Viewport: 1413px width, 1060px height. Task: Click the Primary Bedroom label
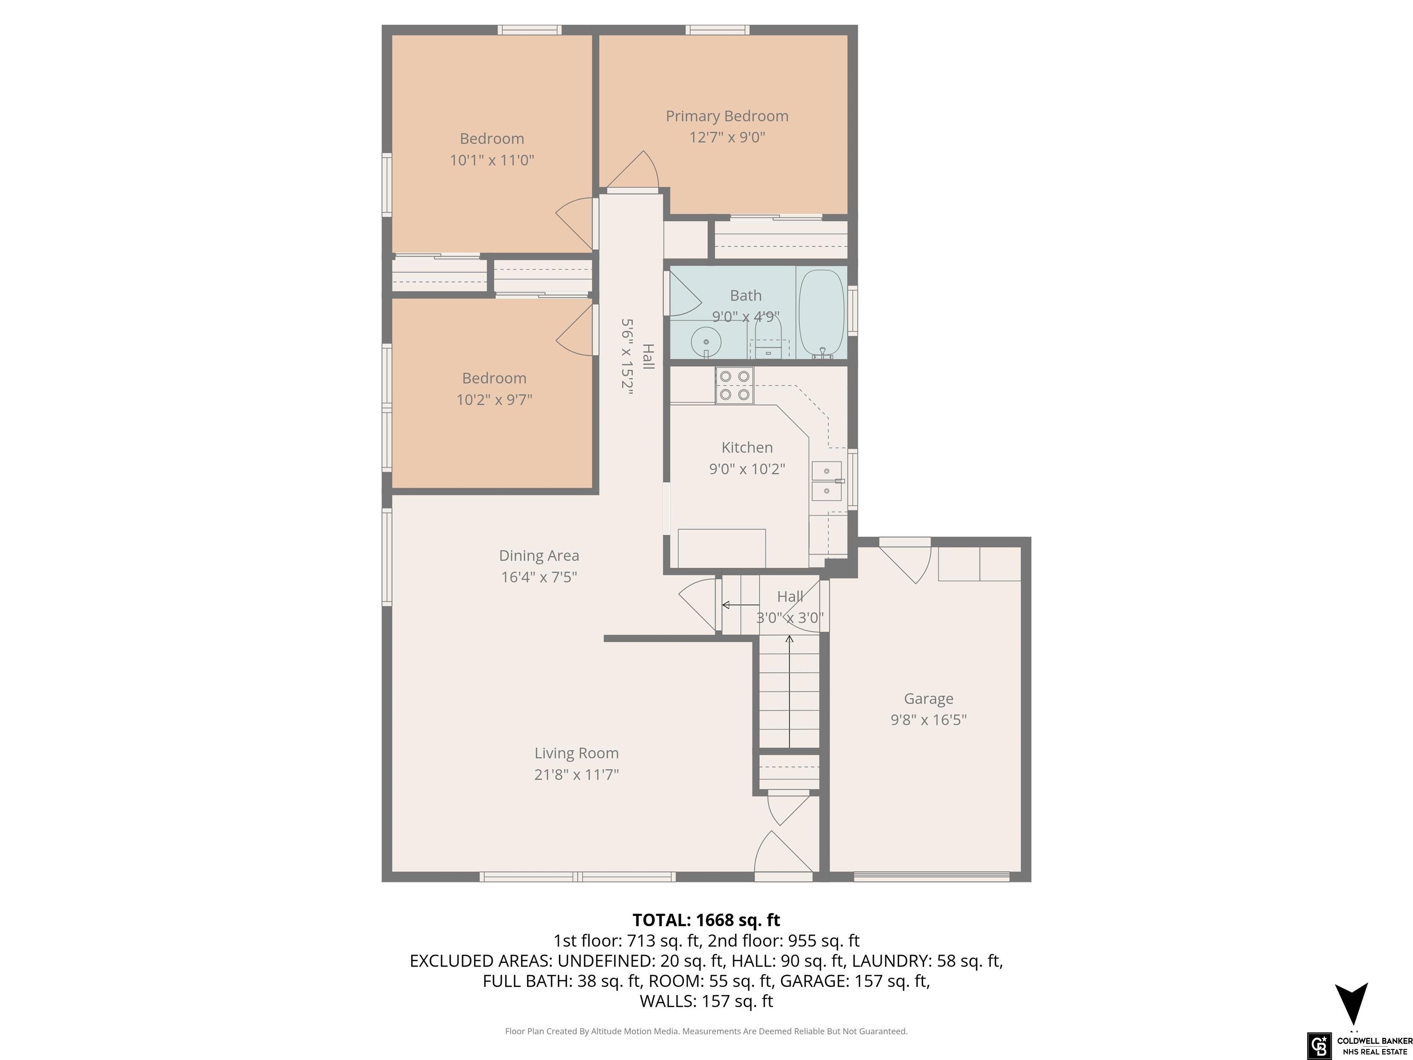click(x=727, y=116)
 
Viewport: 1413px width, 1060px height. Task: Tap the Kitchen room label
click(x=747, y=447)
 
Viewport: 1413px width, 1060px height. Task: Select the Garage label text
click(x=928, y=699)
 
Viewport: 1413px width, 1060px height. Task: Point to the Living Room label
click(x=576, y=753)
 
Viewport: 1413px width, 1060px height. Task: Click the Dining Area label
click(x=539, y=556)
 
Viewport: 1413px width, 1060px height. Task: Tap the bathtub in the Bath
click(x=822, y=313)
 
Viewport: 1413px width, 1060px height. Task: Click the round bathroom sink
click(x=706, y=342)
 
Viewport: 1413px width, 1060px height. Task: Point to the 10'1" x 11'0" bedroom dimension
click(x=492, y=160)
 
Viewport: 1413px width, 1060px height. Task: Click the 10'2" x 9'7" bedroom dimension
click(x=494, y=399)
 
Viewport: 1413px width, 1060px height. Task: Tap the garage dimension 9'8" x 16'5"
click(x=928, y=720)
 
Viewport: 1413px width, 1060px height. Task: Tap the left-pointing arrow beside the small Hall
click(x=741, y=605)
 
